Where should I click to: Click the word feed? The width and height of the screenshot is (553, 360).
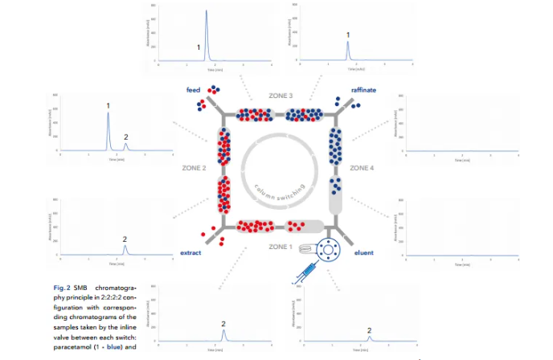[193, 90]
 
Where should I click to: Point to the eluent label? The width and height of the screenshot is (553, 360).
[364, 253]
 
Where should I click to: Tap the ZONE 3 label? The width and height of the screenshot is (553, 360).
[280, 96]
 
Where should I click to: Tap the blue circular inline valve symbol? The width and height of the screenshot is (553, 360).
[328, 250]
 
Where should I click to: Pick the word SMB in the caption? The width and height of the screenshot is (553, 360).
[90, 286]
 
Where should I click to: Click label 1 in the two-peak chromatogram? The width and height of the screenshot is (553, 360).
[108, 105]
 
